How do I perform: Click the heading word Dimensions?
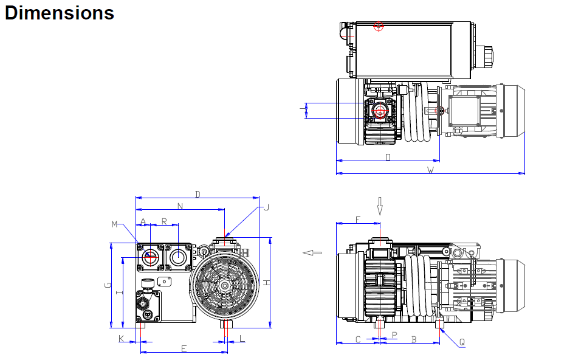59,13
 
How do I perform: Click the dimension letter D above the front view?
198,194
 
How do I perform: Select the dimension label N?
180,206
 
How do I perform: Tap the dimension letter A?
143,221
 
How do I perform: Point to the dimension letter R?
165,221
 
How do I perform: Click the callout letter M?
114,224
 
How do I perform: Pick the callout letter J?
266,207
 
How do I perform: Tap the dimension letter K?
121,338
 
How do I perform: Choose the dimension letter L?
241,338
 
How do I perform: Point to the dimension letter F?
358,219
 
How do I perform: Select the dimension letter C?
358,339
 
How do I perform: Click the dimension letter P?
394,335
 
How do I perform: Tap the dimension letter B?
414,339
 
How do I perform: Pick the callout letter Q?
462,342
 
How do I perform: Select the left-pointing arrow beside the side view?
312,252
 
